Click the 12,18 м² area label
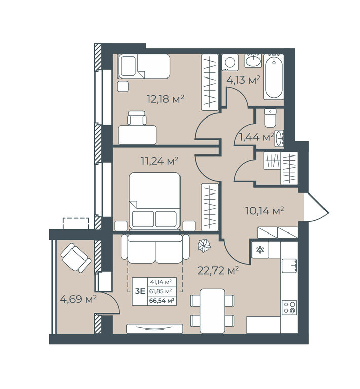tap(165, 99)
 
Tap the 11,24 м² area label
tap(160, 161)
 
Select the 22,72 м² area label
tap(218, 270)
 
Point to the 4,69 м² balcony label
tap(78, 299)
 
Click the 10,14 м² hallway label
tap(265, 211)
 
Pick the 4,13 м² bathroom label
tap(243, 80)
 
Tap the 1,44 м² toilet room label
tap(257, 137)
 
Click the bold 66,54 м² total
tap(161, 301)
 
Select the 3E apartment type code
tap(140, 291)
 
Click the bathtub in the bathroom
tap(274, 77)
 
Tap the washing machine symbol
tap(230, 62)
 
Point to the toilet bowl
tap(270, 118)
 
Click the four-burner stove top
tap(289, 307)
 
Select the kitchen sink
tap(289, 266)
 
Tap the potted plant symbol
tap(204, 246)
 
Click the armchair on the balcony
tap(76, 258)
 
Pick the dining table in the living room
tap(212, 311)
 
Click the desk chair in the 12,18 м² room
tap(136, 118)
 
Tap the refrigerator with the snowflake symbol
tap(260, 250)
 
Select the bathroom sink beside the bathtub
tap(253, 61)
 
